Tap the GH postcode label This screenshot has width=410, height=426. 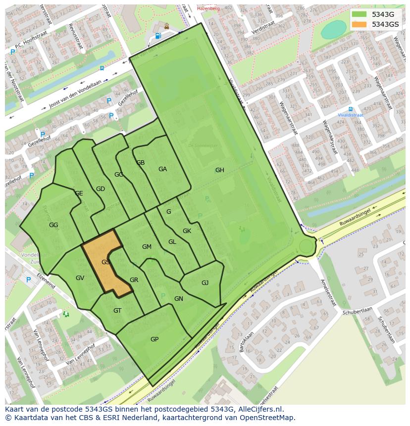pos(219,170)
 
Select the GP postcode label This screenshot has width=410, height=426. pos(154,339)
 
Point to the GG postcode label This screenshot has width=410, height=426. pos(53,225)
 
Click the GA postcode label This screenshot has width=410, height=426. pos(162,169)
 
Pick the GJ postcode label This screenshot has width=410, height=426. pos(205,283)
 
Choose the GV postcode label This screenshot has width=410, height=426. pos(80,278)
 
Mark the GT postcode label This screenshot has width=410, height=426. pos(117,311)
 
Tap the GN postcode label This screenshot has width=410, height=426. pos(179,299)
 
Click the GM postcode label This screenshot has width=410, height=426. pos(147,247)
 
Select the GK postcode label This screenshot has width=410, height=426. pos(187,231)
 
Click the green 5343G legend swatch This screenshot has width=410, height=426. pos(359,14)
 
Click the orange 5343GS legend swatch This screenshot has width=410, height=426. pos(359,24)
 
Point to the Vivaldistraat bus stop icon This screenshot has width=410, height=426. pos(351,109)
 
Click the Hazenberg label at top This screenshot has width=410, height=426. pos(207,8)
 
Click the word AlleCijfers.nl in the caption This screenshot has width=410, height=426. pos(259,409)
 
